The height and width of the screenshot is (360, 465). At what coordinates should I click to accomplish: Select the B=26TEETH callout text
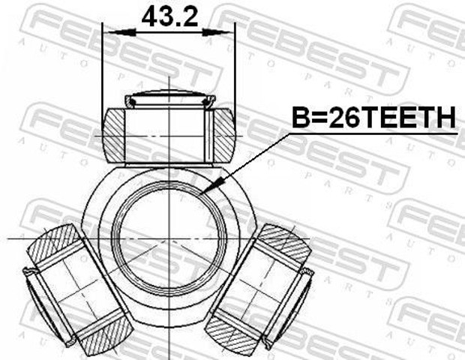[x=373, y=118]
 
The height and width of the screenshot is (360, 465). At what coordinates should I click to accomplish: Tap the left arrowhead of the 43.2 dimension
[x=122, y=32]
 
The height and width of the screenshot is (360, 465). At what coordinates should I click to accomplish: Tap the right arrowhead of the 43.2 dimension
[x=216, y=32]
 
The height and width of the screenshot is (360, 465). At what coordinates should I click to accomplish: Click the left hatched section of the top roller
[x=113, y=136]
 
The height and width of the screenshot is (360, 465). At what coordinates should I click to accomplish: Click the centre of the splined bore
[x=169, y=238]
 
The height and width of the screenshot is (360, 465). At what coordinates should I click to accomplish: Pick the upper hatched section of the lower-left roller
[x=53, y=244]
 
